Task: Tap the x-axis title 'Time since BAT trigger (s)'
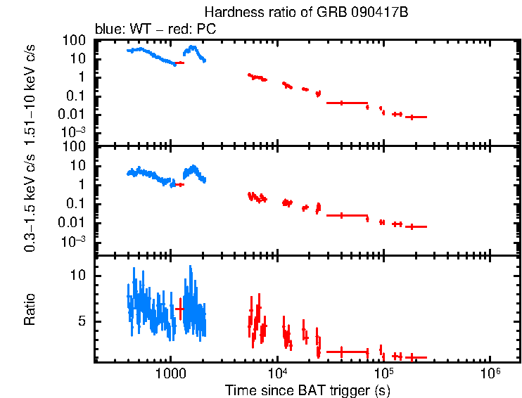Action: point(307,390)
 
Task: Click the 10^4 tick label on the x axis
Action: point(276,373)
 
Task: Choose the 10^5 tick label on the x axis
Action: point(383,373)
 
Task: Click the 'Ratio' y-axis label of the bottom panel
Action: point(30,309)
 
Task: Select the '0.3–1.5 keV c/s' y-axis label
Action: point(30,204)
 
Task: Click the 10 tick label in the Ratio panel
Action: point(82,276)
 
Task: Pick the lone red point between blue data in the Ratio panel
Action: point(179,309)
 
